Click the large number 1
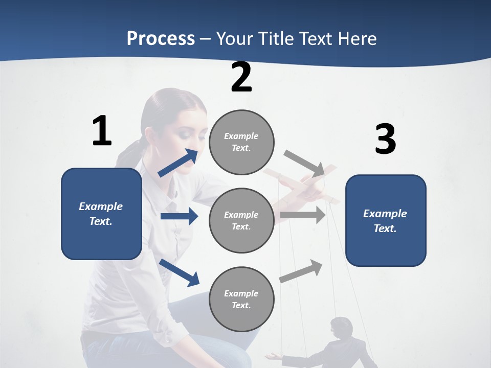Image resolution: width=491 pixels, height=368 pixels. [102, 131]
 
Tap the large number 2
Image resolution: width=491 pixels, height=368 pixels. [241, 78]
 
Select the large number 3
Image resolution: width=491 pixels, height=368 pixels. [385, 140]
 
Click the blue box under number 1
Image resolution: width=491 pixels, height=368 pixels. [101, 214]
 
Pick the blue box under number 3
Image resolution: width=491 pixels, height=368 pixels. [386, 220]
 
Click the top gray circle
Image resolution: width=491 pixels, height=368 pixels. [241, 142]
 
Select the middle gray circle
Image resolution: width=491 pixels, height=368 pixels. [241, 220]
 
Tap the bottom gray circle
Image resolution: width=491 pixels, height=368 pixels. [241, 299]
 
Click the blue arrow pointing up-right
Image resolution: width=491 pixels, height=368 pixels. [178, 163]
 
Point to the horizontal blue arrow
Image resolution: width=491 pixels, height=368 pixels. [179, 216]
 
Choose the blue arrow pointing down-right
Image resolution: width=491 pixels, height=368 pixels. [180, 272]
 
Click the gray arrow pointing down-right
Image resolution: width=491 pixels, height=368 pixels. [305, 164]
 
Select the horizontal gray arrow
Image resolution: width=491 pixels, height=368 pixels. [303, 215]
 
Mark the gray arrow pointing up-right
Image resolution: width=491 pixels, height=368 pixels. [301, 271]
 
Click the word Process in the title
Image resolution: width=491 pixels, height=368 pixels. [161, 38]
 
